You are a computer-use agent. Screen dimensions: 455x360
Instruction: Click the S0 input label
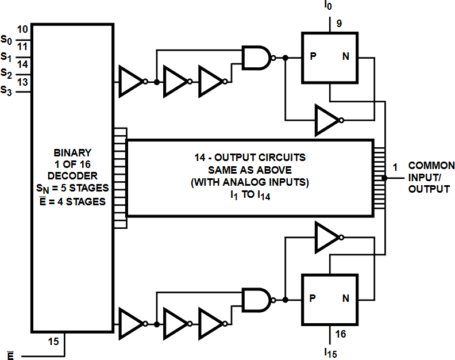click(x=6, y=40)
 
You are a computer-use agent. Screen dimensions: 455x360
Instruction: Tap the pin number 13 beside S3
click(x=22, y=82)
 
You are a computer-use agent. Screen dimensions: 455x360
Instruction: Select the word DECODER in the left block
click(x=72, y=176)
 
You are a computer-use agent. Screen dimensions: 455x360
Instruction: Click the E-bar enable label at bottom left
click(x=10, y=355)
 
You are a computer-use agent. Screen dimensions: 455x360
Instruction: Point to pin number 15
click(x=53, y=342)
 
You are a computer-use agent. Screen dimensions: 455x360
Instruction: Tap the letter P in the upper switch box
click(x=313, y=56)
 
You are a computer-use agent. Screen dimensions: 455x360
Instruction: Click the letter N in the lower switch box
click(x=345, y=298)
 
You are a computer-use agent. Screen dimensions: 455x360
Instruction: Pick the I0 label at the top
click(x=328, y=5)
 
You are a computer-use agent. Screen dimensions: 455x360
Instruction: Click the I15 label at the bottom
click(x=330, y=353)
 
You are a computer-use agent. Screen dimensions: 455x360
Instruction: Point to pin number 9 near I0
click(x=339, y=23)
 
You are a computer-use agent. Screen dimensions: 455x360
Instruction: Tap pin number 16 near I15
click(x=340, y=334)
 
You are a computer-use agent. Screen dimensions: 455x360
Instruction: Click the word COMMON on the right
click(x=431, y=166)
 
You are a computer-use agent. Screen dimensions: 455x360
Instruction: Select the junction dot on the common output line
click(x=384, y=178)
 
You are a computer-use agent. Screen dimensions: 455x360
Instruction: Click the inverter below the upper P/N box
click(x=329, y=120)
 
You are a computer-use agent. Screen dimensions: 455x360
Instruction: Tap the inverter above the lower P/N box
click(x=329, y=238)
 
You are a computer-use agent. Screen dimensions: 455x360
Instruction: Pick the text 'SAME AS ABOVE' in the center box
click(x=250, y=170)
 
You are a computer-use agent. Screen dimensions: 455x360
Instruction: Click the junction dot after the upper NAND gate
click(x=286, y=58)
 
